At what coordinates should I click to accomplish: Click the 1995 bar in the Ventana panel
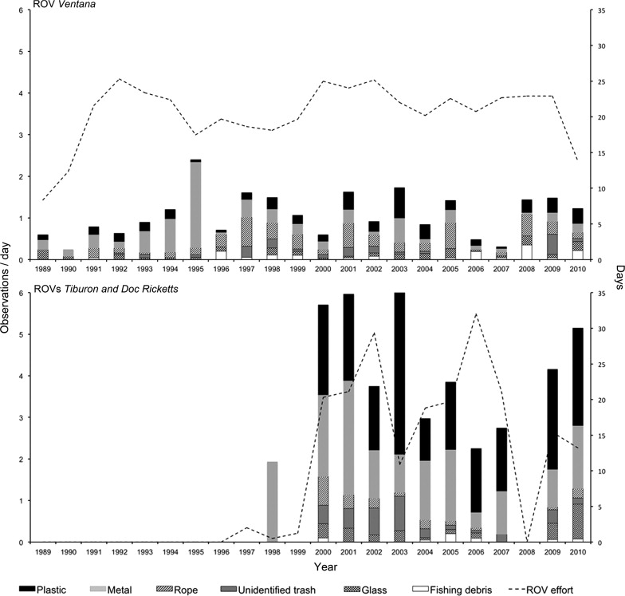point(195,210)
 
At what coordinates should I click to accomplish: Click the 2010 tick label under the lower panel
point(578,551)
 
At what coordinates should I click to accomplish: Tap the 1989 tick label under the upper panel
point(43,269)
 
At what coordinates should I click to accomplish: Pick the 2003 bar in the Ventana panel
point(399,223)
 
